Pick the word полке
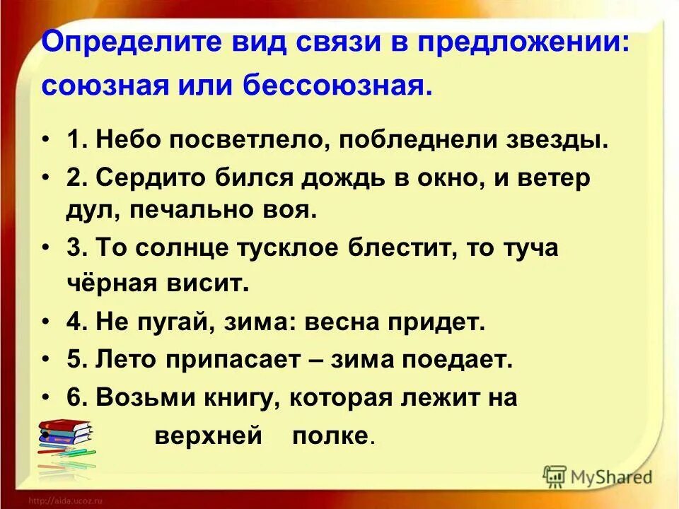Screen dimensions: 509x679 331,435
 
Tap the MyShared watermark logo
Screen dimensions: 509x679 597,475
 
